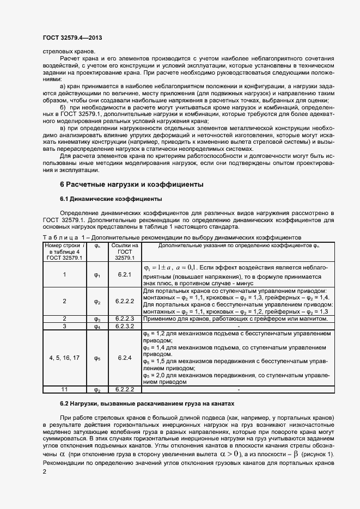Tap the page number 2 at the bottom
(44, 473)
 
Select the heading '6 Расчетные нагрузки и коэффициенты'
(132, 184)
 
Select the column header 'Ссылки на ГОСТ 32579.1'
(124, 252)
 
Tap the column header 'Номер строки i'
(64, 252)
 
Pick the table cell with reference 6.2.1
(124, 275)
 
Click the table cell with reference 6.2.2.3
(124, 318)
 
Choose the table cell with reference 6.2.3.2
(124, 326)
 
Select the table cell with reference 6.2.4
(124, 358)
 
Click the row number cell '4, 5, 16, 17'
(64, 358)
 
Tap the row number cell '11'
(64, 390)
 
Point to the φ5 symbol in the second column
(97, 358)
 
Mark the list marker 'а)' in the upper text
(63, 86)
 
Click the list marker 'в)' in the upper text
(63, 128)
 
